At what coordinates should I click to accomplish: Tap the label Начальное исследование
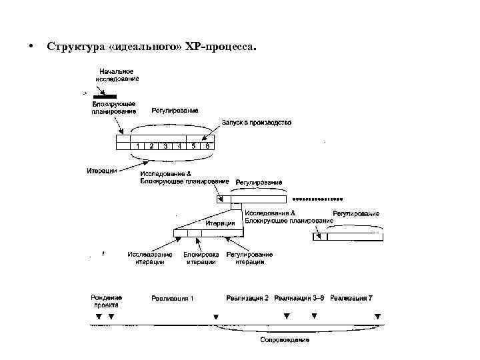pyautogui.click(x=117, y=75)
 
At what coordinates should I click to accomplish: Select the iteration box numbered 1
pyautogui.click(x=137, y=145)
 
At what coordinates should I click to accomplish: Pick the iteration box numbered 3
pyautogui.click(x=165, y=145)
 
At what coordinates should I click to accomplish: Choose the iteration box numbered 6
pyautogui.click(x=207, y=145)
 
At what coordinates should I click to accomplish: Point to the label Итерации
pyautogui.click(x=102, y=171)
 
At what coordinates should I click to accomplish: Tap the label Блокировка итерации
pyautogui.click(x=201, y=258)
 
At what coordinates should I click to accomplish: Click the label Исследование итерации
pyautogui.click(x=150, y=258)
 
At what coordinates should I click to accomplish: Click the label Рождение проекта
pyautogui.click(x=106, y=301)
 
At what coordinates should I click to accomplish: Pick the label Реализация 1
pyautogui.click(x=173, y=298)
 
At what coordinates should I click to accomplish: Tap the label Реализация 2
pyautogui.click(x=247, y=297)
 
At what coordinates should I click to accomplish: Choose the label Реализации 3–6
pyautogui.click(x=299, y=297)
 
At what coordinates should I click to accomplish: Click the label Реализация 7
pyautogui.click(x=351, y=297)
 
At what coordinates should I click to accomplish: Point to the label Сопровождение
pyautogui.click(x=285, y=340)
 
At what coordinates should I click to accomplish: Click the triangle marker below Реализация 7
pyautogui.click(x=377, y=316)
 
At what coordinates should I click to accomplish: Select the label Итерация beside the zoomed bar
pyautogui.click(x=221, y=223)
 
